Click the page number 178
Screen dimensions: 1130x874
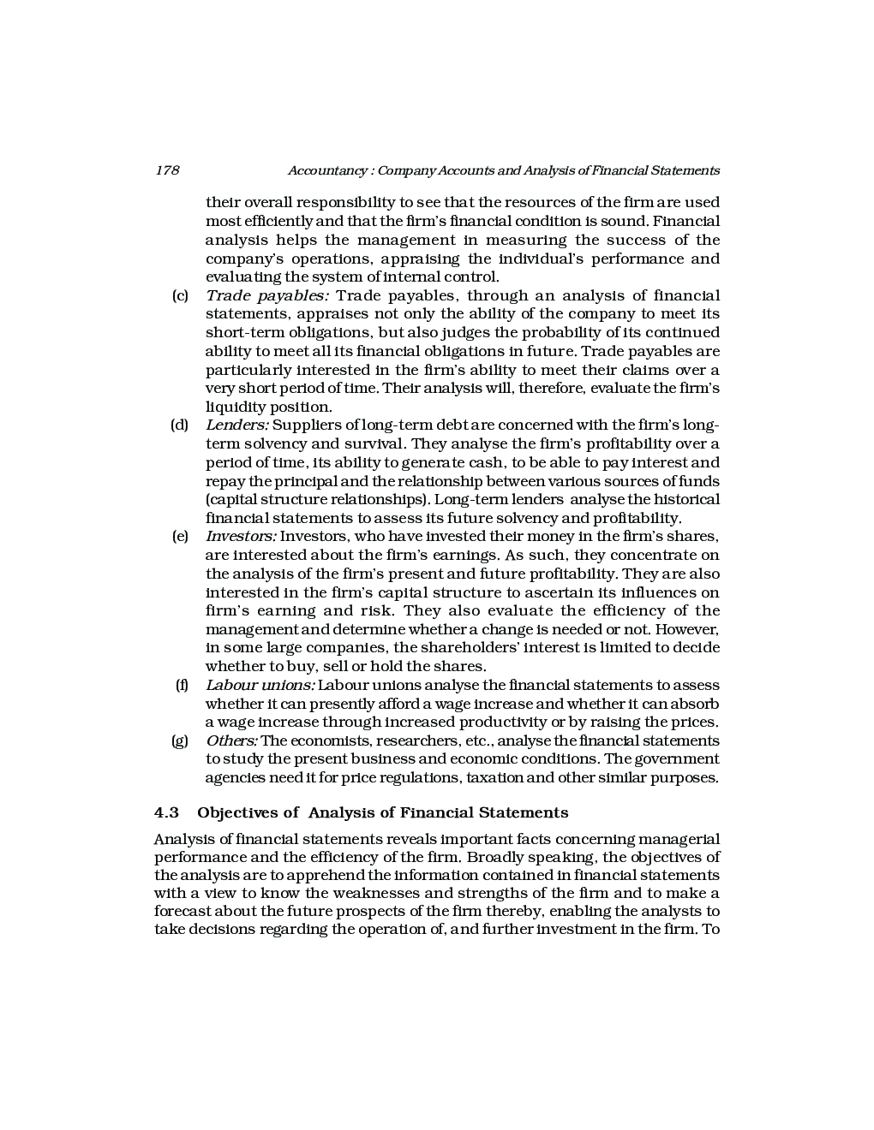167,170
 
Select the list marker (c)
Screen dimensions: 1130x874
180,296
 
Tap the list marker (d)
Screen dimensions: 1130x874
180,425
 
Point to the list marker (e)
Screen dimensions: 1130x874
180,537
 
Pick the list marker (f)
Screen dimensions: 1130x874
182,686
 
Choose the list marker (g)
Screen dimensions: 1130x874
180,741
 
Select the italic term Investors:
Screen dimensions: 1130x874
241,537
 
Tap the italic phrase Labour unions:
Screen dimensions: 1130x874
260,686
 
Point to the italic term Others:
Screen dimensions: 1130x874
231,741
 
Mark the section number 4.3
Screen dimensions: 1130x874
166,812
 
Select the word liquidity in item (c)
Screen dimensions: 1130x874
233,407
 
